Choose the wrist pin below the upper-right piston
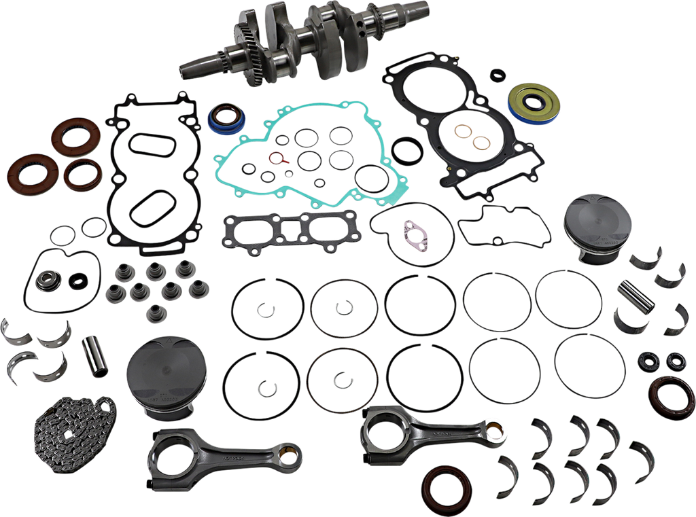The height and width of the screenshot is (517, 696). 637,296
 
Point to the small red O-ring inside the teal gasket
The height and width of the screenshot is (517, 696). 275,161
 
